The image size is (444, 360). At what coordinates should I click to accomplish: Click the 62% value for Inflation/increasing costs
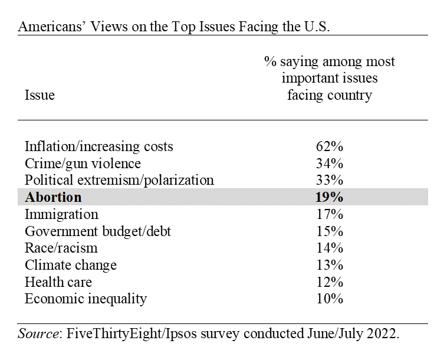pos(329,146)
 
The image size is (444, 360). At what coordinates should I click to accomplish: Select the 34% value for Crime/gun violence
pos(329,163)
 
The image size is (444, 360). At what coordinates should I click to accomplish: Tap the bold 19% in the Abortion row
pos(329,197)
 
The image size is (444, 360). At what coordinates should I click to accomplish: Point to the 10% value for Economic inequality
pos(329,299)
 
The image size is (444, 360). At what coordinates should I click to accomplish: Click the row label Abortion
pos(53,197)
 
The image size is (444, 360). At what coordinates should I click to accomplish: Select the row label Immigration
pos(61,214)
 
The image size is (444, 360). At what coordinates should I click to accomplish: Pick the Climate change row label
pos(70,265)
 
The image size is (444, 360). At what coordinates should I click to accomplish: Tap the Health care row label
pos(58,282)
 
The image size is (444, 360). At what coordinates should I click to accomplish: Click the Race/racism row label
pos(61,248)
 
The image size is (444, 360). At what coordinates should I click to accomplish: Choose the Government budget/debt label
pos(97,231)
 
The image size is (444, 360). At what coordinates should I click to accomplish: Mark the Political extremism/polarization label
pos(119,180)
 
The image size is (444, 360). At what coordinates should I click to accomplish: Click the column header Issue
pos(40,95)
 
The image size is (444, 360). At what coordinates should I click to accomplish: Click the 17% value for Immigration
pos(329,214)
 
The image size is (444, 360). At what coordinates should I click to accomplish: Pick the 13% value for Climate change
pos(329,265)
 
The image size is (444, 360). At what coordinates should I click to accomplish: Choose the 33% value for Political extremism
pos(329,180)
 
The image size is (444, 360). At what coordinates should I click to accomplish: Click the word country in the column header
pos(350,95)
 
